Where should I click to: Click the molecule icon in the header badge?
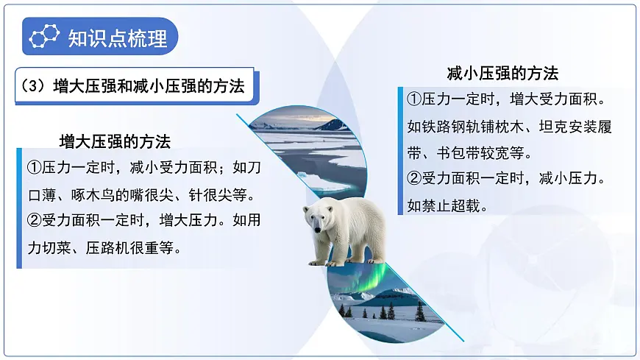click(46, 38)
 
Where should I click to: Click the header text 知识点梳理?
click(117, 38)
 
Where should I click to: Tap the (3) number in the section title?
click(35, 86)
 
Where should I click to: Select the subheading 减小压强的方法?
click(502, 73)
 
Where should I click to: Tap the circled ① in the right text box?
click(414, 100)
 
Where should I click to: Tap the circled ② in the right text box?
click(414, 179)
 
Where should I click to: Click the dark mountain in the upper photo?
click(333, 124)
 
